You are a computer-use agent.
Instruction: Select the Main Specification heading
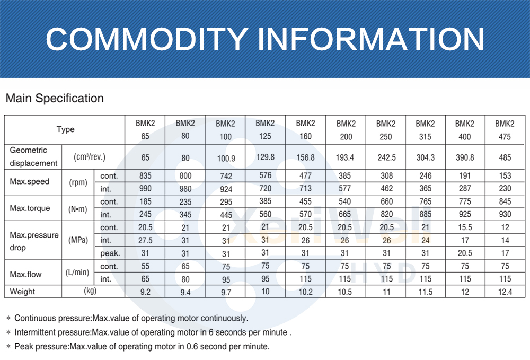(x=55, y=98)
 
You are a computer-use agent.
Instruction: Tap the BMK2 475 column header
(x=505, y=130)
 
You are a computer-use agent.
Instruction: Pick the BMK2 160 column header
(x=305, y=129)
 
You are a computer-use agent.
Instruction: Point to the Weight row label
(x=22, y=292)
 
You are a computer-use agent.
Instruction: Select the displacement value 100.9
(x=225, y=158)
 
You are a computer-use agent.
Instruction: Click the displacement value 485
(x=505, y=157)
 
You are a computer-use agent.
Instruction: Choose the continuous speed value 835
(x=145, y=175)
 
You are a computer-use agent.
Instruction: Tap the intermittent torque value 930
(x=505, y=214)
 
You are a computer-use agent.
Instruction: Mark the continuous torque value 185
(x=145, y=201)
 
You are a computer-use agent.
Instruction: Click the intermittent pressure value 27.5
(x=145, y=240)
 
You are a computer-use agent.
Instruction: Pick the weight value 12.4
(x=505, y=292)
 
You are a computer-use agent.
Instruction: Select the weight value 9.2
(x=145, y=292)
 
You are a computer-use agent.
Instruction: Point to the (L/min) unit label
(x=77, y=273)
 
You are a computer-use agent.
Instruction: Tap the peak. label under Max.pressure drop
(x=110, y=253)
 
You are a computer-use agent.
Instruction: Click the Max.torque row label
(x=30, y=208)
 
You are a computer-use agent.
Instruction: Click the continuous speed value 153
(x=505, y=175)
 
